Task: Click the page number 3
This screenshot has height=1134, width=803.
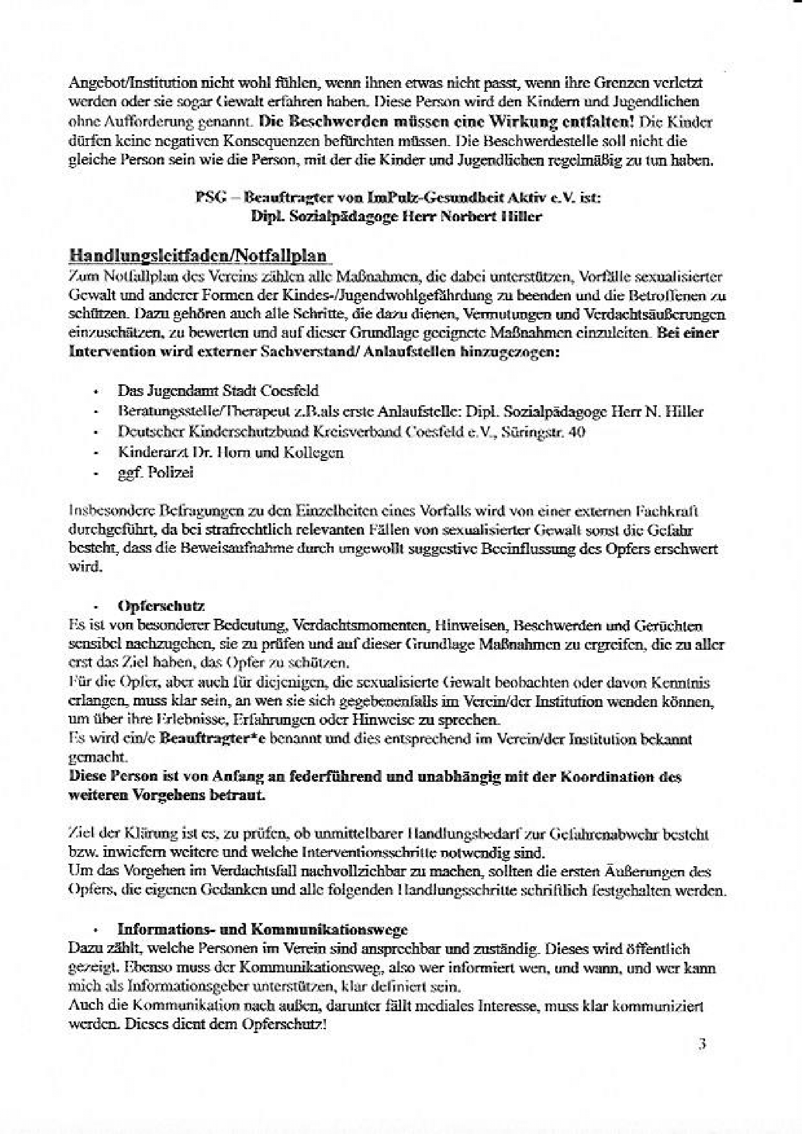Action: (x=702, y=1044)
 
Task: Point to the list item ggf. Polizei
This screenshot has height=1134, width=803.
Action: (x=155, y=473)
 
